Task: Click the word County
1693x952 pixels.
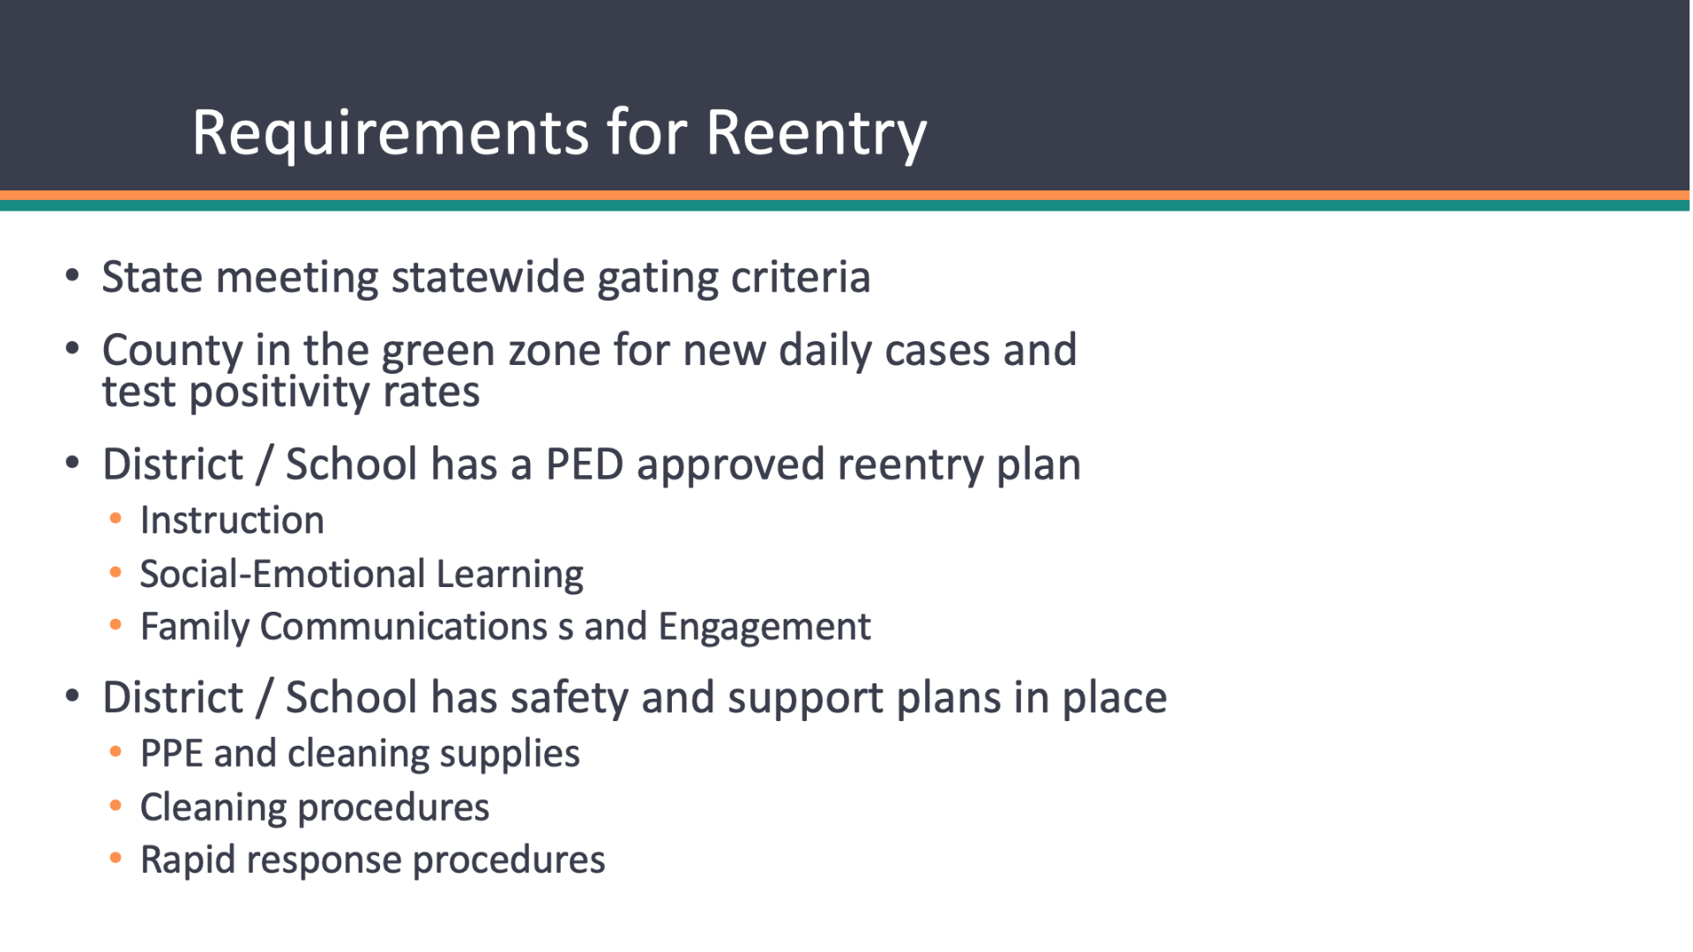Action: pos(172,352)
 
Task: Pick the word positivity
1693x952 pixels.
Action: pos(279,392)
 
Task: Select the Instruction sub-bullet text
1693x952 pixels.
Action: pos(232,520)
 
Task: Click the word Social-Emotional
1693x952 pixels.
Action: pos(282,574)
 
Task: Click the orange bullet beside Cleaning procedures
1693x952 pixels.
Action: pos(116,806)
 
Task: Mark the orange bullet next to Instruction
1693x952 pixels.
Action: pos(116,519)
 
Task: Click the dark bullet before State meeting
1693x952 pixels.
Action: pos(72,277)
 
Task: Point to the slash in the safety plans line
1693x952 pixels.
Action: pos(264,698)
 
